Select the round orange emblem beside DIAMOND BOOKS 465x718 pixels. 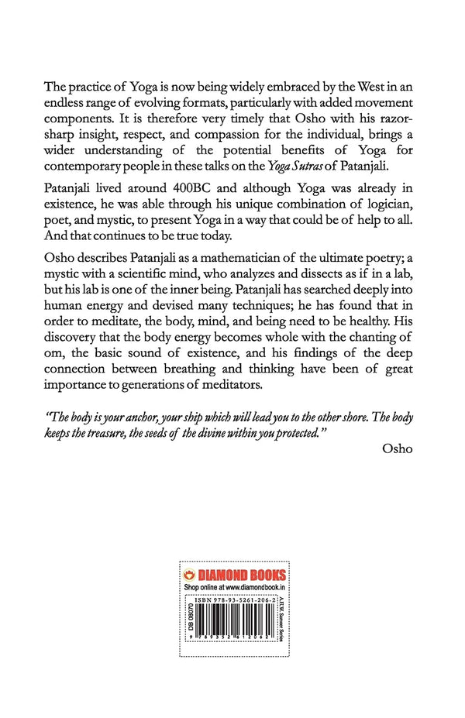[x=188, y=575]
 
